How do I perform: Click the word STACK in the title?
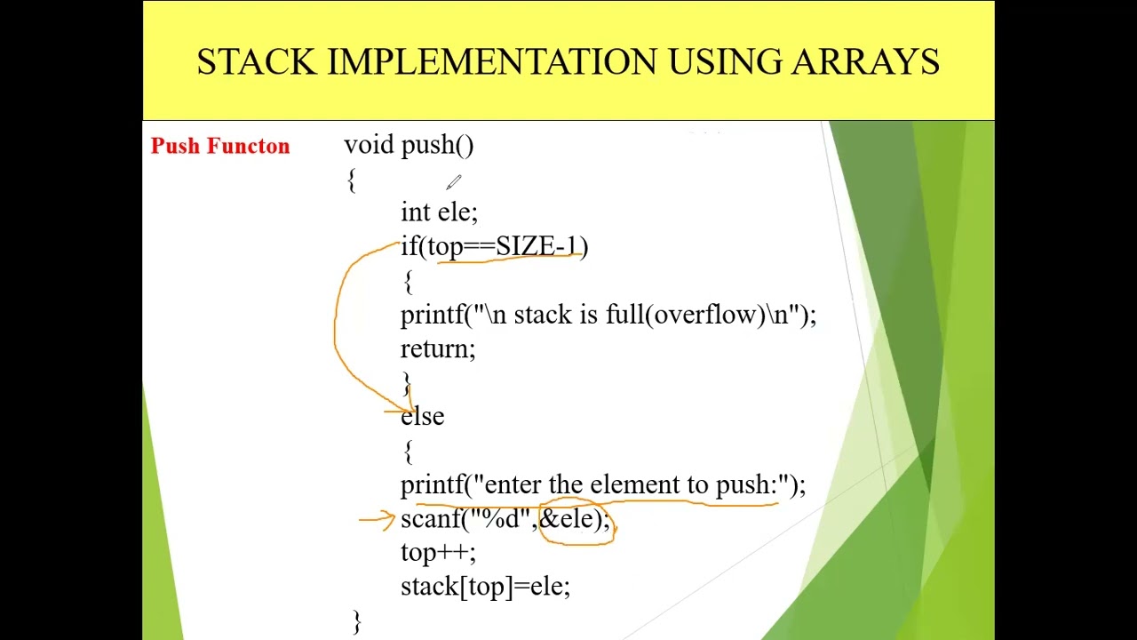pos(256,62)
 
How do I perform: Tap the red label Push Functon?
pos(220,147)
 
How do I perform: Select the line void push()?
pos(409,146)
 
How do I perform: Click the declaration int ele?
pos(439,212)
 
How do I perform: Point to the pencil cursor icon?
pos(453,182)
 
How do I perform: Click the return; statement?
pos(438,348)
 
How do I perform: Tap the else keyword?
pos(423,417)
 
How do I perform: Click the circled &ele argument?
pos(573,518)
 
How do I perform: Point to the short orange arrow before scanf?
pos(377,518)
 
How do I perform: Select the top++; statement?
pos(438,553)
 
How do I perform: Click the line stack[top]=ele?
pos(485,587)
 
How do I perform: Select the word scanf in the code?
pos(430,518)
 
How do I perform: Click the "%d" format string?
pos(501,518)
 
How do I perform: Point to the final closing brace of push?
pos(357,620)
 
